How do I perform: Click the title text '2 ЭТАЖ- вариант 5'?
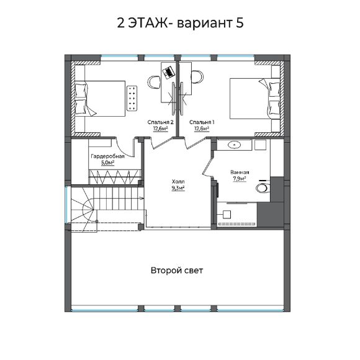[x=180, y=23]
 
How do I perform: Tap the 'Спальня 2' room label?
[x=160, y=122]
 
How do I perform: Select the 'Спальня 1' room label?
[x=202, y=122]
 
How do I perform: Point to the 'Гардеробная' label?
[x=107, y=156]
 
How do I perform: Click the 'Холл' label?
[x=178, y=182]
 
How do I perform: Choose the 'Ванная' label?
[x=240, y=172]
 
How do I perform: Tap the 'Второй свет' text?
[x=177, y=271]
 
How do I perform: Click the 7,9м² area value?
[x=240, y=178]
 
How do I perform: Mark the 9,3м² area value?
[x=178, y=188]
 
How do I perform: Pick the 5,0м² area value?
[x=107, y=163]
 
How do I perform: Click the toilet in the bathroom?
[x=263, y=187]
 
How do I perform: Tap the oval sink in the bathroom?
[x=234, y=145]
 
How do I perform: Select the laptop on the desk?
[x=168, y=71]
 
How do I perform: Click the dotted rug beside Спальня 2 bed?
[x=132, y=98]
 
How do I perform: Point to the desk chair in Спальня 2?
[x=155, y=82]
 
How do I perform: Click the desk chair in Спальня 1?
[x=197, y=77]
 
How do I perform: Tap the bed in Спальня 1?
[x=255, y=99]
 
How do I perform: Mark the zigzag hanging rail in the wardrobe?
[x=115, y=177]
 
